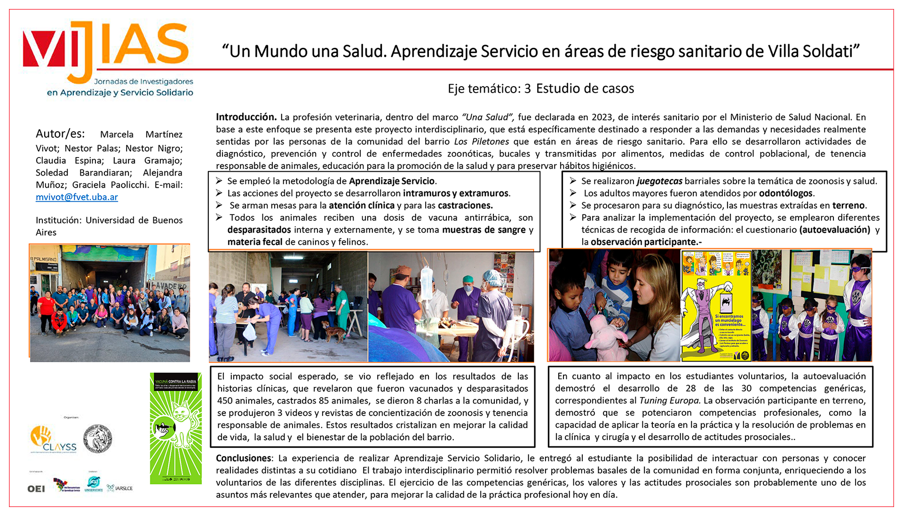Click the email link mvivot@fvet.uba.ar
pos(77,197)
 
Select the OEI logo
pos(36,489)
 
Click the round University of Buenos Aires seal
pos(97,438)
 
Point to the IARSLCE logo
pos(120,488)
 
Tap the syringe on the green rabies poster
pos(163,427)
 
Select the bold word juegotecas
pos(659,181)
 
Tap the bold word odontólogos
pos(785,193)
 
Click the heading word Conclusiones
pos(243,458)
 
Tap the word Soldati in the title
pos(832,51)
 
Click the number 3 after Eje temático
pos(527,88)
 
